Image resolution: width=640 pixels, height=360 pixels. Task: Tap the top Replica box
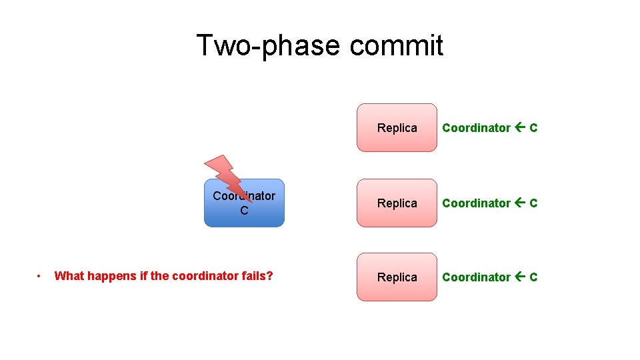(397, 128)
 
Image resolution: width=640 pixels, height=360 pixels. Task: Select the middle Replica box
(397, 203)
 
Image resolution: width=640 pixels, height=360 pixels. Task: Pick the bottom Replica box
(397, 277)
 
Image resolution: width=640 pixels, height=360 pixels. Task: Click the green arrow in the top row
(520, 128)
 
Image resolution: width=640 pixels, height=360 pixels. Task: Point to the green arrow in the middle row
(520, 203)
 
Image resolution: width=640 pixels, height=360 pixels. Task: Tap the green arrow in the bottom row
(520, 277)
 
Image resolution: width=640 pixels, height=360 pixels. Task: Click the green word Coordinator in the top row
(476, 128)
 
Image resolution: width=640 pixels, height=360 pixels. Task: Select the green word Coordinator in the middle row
(476, 203)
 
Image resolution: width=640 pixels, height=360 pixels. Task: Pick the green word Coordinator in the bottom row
(476, 277)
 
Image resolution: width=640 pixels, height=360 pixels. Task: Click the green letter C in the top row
(533, 128)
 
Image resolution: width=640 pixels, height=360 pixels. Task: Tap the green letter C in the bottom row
(533, 277)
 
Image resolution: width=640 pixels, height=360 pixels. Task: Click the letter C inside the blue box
(244, 211)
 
